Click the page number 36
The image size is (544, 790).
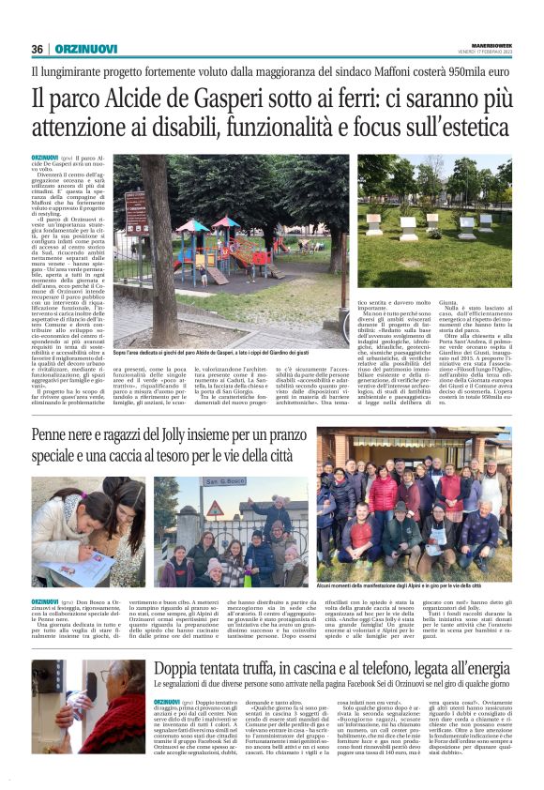pos(38,49)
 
